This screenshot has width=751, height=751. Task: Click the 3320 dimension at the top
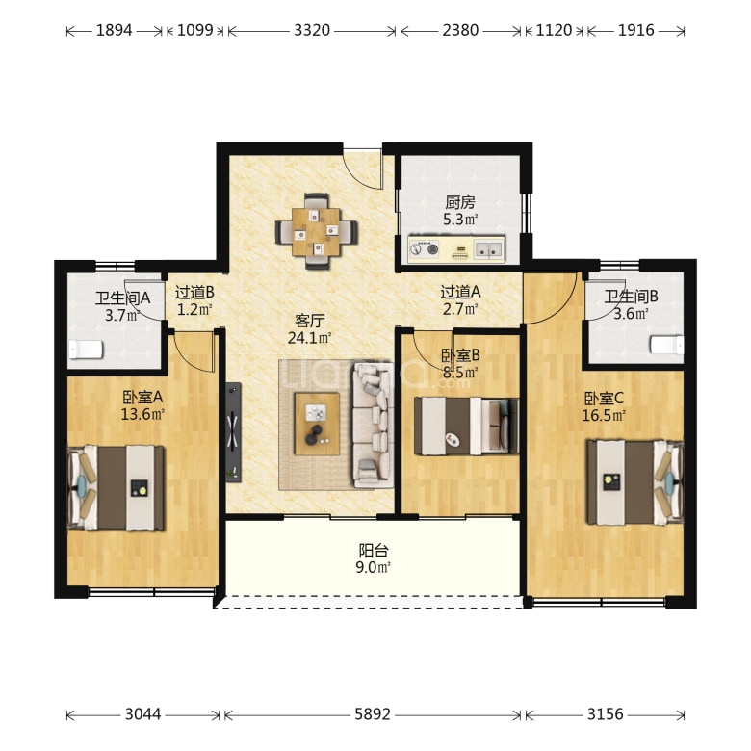click(x=312, y=30)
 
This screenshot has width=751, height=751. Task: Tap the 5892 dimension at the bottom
click(x=373, y=714)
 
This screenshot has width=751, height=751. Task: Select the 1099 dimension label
click(x=194, y=30)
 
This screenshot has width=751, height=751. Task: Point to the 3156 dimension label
click(x=605, y=714)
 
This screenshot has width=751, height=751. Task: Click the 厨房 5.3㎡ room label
click(x=460, y=211)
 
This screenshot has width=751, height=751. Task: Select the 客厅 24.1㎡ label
click(x=309, y=329)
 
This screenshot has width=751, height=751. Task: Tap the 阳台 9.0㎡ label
click(x=374, y=558)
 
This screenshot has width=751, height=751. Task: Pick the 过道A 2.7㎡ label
click(x=460, y=300)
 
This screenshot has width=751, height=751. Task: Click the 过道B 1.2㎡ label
click(x=194, y=300)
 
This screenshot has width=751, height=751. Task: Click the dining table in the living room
click(x=316, y=231)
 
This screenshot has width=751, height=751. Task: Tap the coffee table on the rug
click(x=317, y=424)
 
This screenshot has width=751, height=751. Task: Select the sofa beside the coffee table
click(x=374, y=426)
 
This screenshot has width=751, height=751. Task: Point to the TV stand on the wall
click(x=233, y=432)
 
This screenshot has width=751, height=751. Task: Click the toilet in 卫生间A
click(x=86, y=350)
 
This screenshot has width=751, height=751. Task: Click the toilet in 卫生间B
click(x=666, y=345)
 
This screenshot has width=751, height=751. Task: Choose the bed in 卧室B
click(x=467, y=426)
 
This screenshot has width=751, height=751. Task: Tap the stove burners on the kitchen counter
click(x=424, y=249)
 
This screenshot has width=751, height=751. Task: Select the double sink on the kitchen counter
click(x=488, y=248)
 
